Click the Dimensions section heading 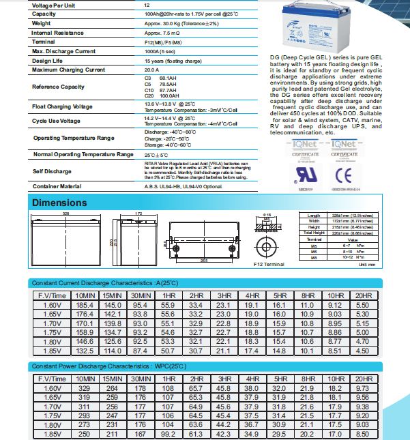tap(60, 203)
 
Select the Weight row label tap(42, 23)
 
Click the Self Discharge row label tap(52, 171)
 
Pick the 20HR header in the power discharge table tap(364, 378)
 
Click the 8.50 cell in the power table tap(364, 432)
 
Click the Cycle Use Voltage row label tap(56, 120)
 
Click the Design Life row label tap(47, 60)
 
